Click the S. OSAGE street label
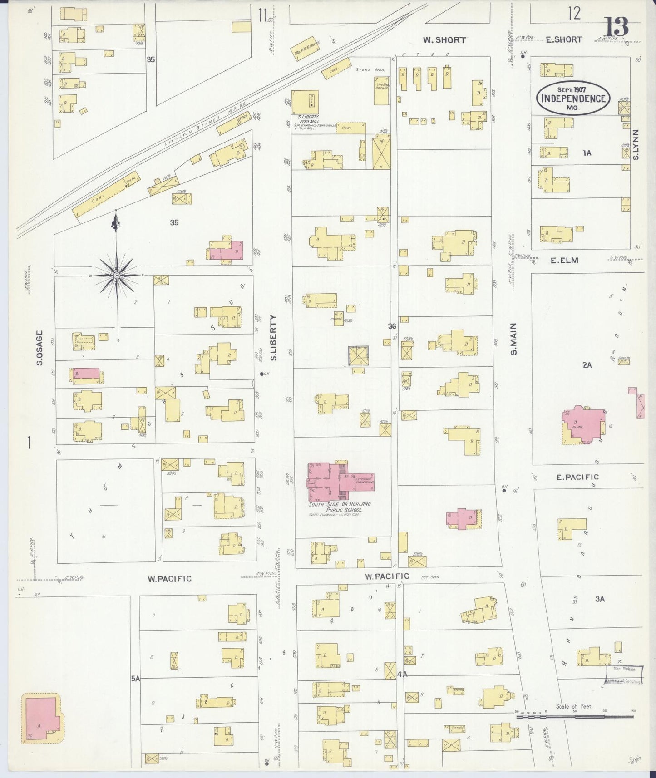tap(39, 348)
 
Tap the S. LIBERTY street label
tap(273, 338)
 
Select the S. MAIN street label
tap(513, 339)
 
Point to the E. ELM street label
tap(564, 261)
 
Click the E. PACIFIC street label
tap(577, 477)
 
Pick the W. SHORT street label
tap(444, 40)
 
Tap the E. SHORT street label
tap(564, 39)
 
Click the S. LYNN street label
tap(635, 144)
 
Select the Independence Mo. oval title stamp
tap(573, 98)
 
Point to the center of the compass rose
tap(117, 276)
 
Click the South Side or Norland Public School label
tap(340, 507)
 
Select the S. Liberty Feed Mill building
tap(305, 102)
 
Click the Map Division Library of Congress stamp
tap(624, 675)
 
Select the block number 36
tap(392, 326)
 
